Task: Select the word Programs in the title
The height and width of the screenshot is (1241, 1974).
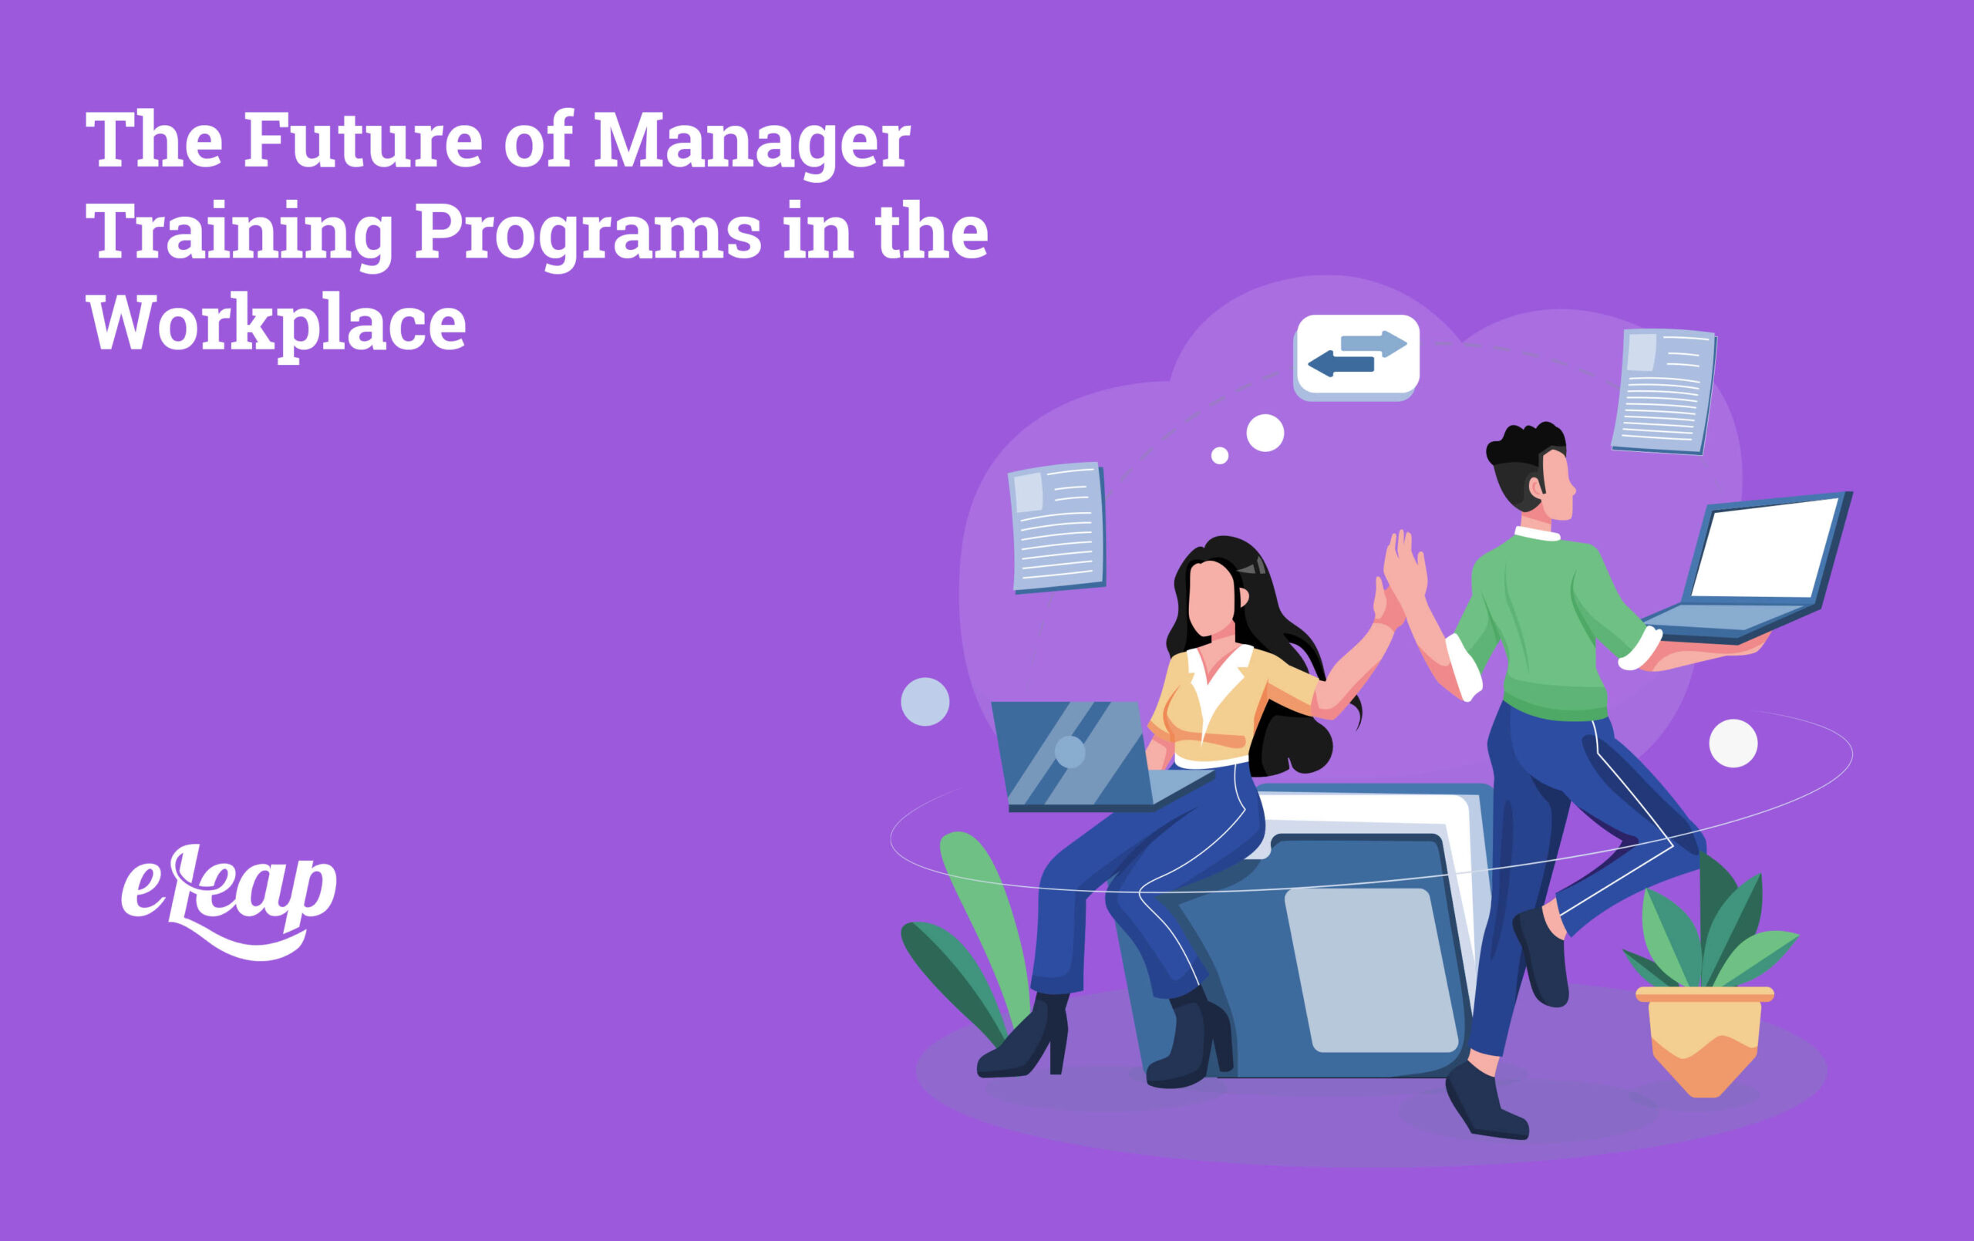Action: click(588, 233)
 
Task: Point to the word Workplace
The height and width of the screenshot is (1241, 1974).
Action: click(276, 325)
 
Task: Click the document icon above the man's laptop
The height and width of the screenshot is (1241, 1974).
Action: click(1664, 390)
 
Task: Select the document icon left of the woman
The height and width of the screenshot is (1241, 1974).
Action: click(1056, 526)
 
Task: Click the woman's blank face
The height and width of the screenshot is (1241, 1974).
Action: click(1211, 597)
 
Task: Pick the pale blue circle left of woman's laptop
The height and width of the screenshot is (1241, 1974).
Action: click(925, 701)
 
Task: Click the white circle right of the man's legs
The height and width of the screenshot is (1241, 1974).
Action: click(1733, 743)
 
